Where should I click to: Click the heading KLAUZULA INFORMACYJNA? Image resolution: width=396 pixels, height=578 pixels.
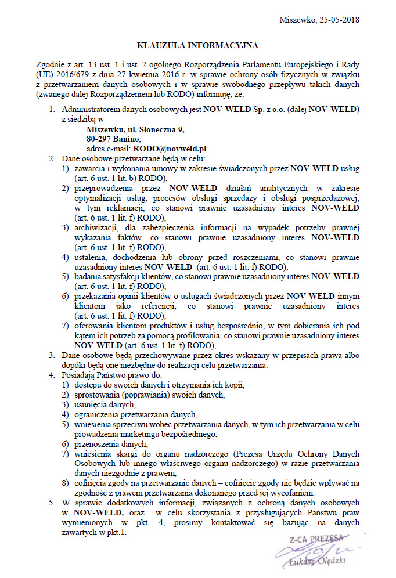point(197,44)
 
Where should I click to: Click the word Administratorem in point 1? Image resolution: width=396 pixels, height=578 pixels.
point(91,109)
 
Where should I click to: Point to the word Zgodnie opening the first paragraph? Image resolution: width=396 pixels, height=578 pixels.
point(51,65)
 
